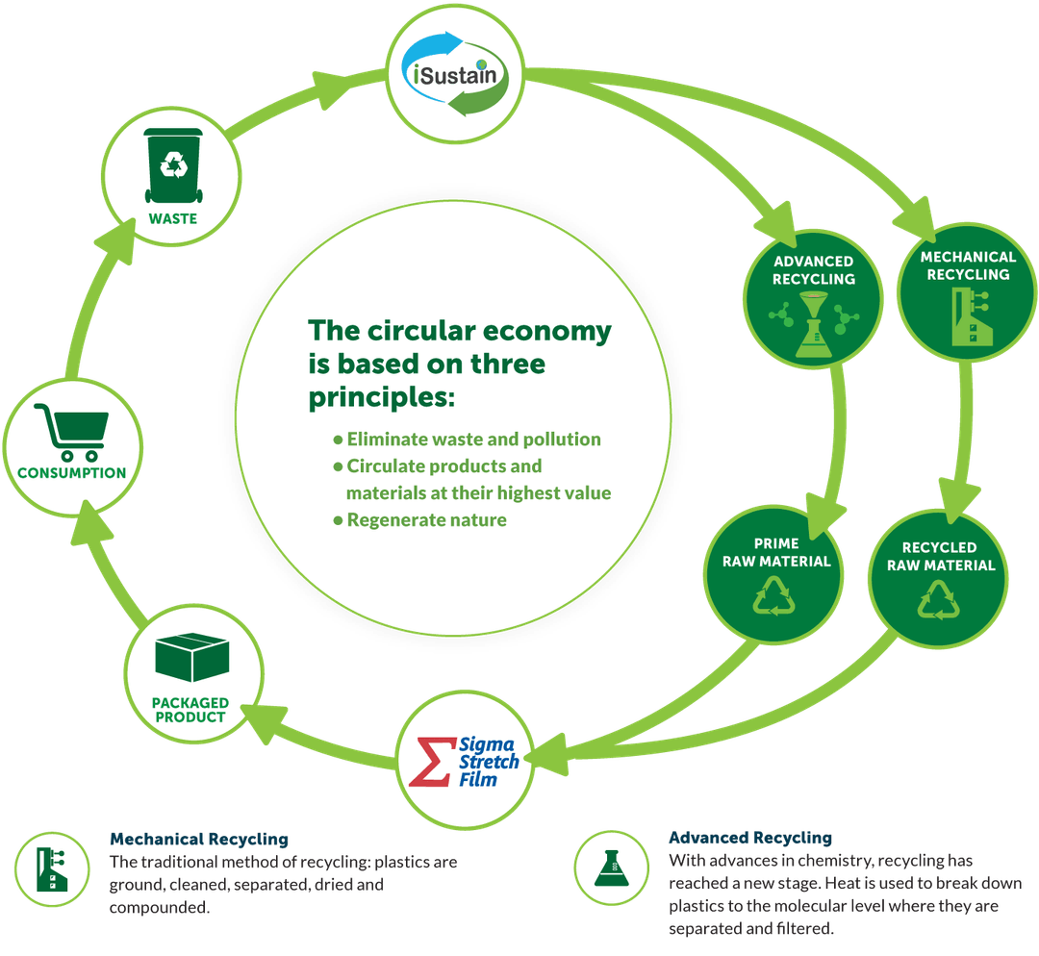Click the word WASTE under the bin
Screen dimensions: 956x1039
pos(173,218)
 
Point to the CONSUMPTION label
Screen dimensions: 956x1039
pos(71,472)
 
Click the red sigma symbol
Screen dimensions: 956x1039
pos(429,761)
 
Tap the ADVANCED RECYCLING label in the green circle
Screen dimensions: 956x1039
pos(814,270)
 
